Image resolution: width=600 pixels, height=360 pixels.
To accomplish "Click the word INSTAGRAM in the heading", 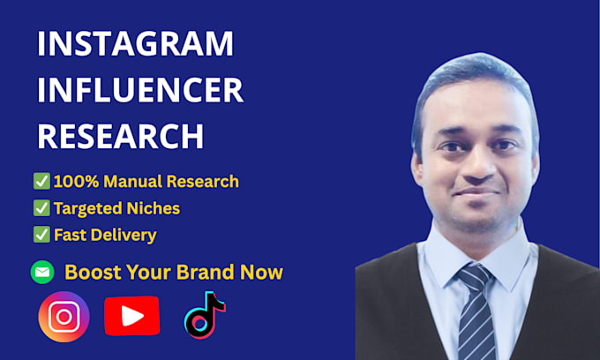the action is click(x=135, y=43).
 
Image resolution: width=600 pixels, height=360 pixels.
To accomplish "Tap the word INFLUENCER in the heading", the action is click(x=140, y=90).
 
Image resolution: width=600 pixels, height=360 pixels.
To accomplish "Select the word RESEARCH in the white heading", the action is click(x=121, y=136).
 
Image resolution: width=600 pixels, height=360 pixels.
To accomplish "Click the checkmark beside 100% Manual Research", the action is click(x=41, y=181).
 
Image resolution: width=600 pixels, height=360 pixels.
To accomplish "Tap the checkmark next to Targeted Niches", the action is click(x=41, y=207).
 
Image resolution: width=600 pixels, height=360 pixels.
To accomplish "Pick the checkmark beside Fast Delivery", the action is click(x=41, y=235).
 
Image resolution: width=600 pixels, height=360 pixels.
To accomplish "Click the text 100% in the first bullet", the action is click(x=77, y=182).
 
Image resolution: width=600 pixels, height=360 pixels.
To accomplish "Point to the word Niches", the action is click(x=153, y=208).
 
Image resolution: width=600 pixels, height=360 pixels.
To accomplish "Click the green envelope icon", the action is click(x=42, y=272).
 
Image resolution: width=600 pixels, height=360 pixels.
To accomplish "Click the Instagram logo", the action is click(x=64, y=317).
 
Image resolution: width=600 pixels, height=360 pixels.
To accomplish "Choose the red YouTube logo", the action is click(x=132, y=316).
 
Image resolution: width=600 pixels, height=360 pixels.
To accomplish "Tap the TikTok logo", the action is click(x=205, y=315).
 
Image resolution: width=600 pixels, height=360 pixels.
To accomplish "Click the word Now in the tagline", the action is click(x=261, y=273).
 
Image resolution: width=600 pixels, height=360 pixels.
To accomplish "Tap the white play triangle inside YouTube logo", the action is click(x=131, y=316).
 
